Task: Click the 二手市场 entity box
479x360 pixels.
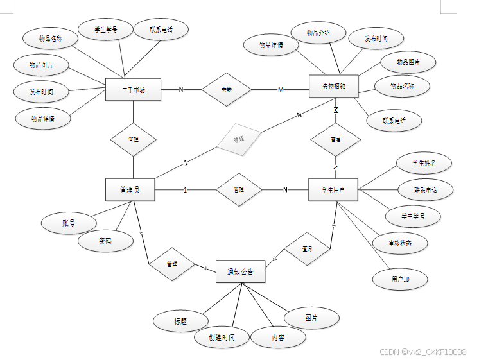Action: coord(133,90)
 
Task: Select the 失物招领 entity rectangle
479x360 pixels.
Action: coord(333,86)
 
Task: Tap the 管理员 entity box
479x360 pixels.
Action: coord(131,189)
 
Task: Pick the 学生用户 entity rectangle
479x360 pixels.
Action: coord(333,189)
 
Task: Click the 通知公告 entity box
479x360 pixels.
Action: coord(240,271)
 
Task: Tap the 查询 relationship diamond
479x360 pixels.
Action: coord(307,249)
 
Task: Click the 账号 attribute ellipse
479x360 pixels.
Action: coord(69,223)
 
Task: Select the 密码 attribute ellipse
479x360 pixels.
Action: coord(106,241)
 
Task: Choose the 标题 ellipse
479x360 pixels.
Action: coord(180,321)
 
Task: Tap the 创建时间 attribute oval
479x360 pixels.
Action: coord(221,338)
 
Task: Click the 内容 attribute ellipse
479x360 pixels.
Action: coord(277,337)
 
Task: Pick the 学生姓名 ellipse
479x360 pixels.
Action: coord(424,163)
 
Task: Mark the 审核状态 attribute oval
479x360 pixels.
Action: coord(401,243)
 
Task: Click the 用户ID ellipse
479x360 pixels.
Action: coord(400,279)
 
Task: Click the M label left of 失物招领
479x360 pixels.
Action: coord(281,90)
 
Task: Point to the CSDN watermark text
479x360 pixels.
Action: coord(422,352)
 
